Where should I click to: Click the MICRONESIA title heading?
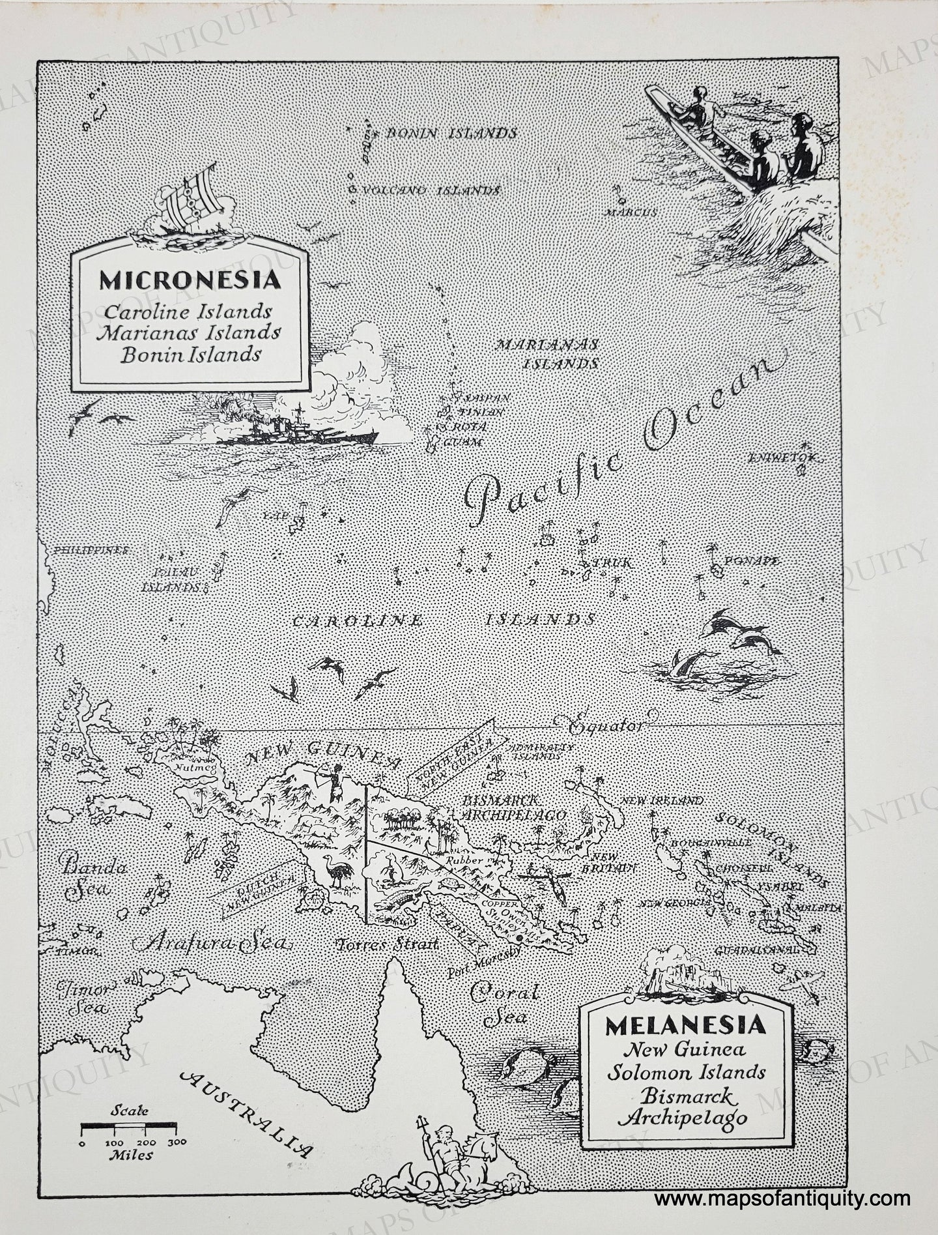tap(190, 280)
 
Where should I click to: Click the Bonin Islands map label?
tap(451, 134)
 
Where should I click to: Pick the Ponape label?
tap(757, 561)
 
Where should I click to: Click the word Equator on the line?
tap(604, 723)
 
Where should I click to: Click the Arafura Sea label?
tap(214, 943)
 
